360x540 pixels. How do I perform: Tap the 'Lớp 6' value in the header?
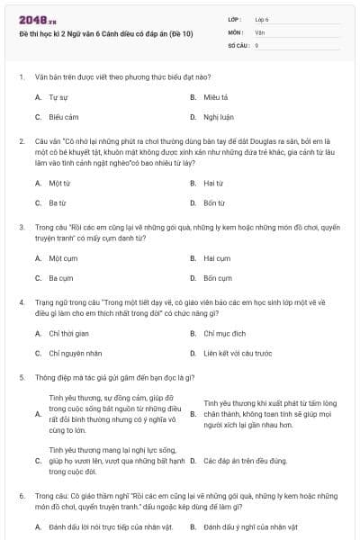[262, 19]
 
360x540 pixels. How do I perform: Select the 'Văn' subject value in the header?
[259, 31]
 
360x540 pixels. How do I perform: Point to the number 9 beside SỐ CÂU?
[256, 44]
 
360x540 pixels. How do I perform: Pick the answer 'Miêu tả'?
[216, 96]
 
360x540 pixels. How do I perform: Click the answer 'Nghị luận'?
[218, 117]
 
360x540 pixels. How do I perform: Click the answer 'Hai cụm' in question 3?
[217, 258]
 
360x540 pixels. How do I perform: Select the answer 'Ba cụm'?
[61, 278]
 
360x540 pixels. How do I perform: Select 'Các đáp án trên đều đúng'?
[243, 460]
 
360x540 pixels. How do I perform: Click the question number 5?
[21, 377]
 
